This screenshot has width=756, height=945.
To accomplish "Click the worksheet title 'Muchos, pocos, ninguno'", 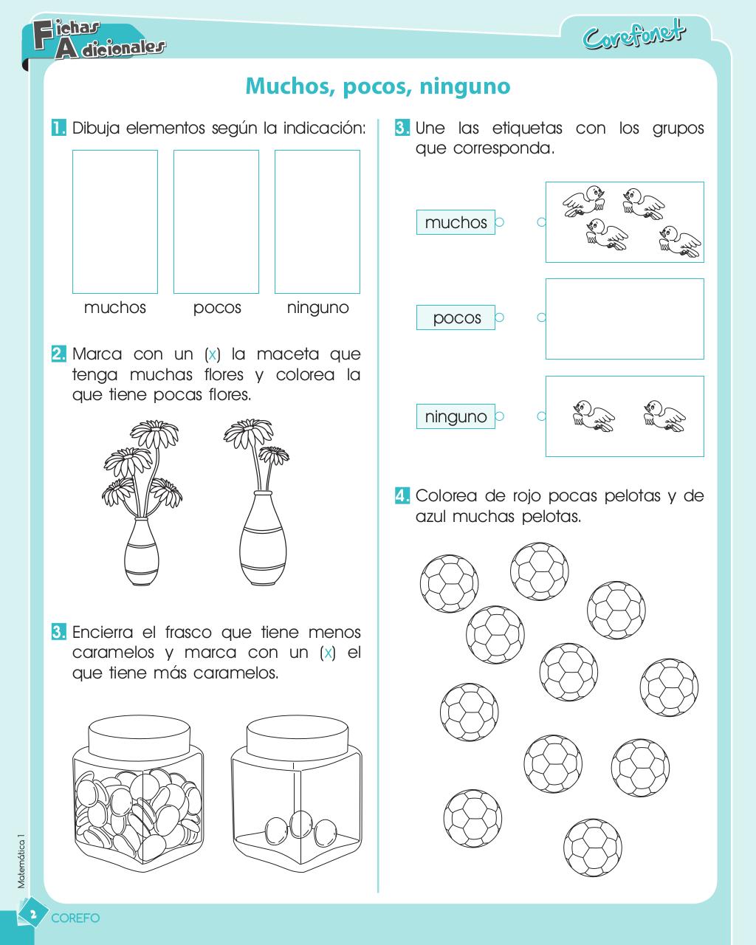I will pyautogui.click(x=377, y=86).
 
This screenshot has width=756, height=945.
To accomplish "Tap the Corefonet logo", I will pyautogui.click(x=634, y=35).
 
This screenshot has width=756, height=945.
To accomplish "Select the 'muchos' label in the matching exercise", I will pyautogui.click(x=456, y=222).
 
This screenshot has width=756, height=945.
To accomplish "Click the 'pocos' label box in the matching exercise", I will pyautogui.click(x=456, y=317).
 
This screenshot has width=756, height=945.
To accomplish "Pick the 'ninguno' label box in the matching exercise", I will pyautogui.click(x=456, y=416).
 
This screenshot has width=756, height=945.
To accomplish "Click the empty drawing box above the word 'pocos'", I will pyautogui.click(x=216, y=221).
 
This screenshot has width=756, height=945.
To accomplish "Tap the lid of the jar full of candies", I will pyautogui.click(x=140, y=734).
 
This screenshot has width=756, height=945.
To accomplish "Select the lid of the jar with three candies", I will pyautogui.click(x=297, y=732).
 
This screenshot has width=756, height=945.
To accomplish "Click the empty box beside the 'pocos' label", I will pyautogui.click(x=625, y=319).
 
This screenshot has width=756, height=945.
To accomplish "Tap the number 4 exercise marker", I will pyautogui.click(x=402, y=495).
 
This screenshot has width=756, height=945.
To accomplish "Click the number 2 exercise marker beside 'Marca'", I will pyautogui.click(x=59, y=354).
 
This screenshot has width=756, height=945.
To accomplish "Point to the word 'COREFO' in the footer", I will pyautogui.click(x=75, y=918).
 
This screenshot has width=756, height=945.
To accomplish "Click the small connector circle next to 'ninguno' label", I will pyautogui.click(x=500, y=416).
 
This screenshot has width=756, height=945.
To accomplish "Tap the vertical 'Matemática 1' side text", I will pyautogui.click(x=21, y=856).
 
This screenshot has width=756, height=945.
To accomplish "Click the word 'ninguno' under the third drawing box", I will pyautogui.click(x=317, y=308).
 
